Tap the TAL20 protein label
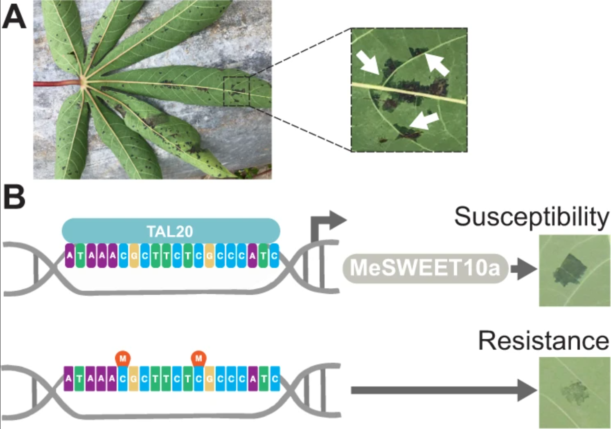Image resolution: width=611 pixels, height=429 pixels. (171, 231)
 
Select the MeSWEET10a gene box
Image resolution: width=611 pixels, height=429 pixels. (425, 268)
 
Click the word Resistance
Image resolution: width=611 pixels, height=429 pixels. (544, 341)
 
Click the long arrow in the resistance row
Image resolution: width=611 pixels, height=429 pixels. (444, 390)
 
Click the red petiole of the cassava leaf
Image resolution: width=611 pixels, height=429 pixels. (57, 83)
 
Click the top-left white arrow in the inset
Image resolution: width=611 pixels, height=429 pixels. (367, 63)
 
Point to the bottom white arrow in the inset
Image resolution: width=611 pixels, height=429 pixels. (424, 121)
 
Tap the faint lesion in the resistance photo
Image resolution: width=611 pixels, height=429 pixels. (575, 393)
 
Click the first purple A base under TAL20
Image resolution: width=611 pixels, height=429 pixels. (70, 256)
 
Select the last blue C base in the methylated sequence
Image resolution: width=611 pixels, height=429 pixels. (275, 379)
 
